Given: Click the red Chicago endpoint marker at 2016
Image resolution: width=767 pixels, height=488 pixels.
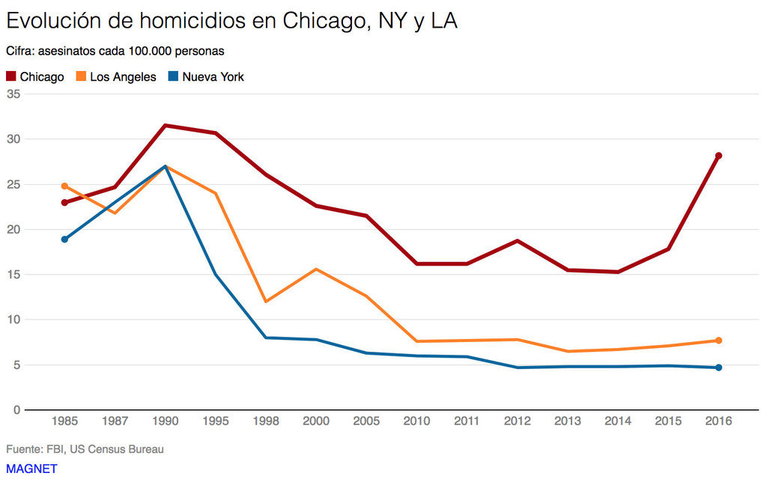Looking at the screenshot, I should coord(718,156).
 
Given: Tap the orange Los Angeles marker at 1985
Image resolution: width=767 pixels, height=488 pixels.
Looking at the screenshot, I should coord(64,186).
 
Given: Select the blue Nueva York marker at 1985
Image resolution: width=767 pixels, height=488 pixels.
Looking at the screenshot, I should coord(64,240).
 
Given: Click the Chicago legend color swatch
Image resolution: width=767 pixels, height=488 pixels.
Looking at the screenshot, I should coord(11,76).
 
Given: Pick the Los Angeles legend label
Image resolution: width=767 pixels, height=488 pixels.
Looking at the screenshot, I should coord(123,76).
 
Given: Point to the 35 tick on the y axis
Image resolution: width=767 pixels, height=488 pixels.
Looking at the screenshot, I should coord(13,94).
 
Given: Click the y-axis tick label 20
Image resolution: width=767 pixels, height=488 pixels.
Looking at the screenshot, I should coord(13,229).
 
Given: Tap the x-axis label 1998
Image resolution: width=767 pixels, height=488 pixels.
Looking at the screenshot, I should coord(266,421).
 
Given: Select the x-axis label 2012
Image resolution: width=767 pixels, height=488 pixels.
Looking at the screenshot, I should coord(517,421).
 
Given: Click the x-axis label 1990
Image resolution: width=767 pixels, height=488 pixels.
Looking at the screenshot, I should coord(165,421).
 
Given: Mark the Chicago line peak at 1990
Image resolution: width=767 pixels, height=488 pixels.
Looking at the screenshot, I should coord(165,125).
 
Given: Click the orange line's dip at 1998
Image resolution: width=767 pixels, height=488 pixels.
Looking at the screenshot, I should coord(266,302).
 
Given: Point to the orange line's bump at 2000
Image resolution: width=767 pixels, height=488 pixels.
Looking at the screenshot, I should coord(316,269).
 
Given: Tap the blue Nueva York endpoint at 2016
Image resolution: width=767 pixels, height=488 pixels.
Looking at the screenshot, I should coord(718,367).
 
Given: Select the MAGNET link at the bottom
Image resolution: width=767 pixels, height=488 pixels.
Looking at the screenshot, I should coord(31,469).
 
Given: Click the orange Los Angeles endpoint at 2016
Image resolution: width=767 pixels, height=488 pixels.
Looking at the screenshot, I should coord(718,341).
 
